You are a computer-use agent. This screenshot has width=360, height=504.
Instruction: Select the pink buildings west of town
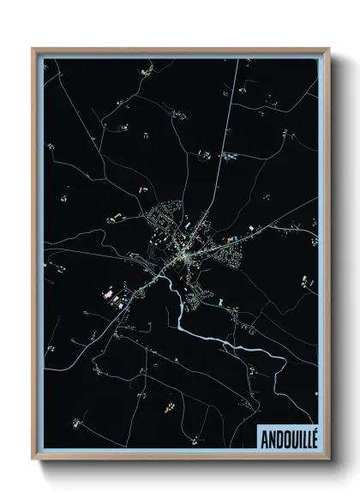point(110,293)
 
